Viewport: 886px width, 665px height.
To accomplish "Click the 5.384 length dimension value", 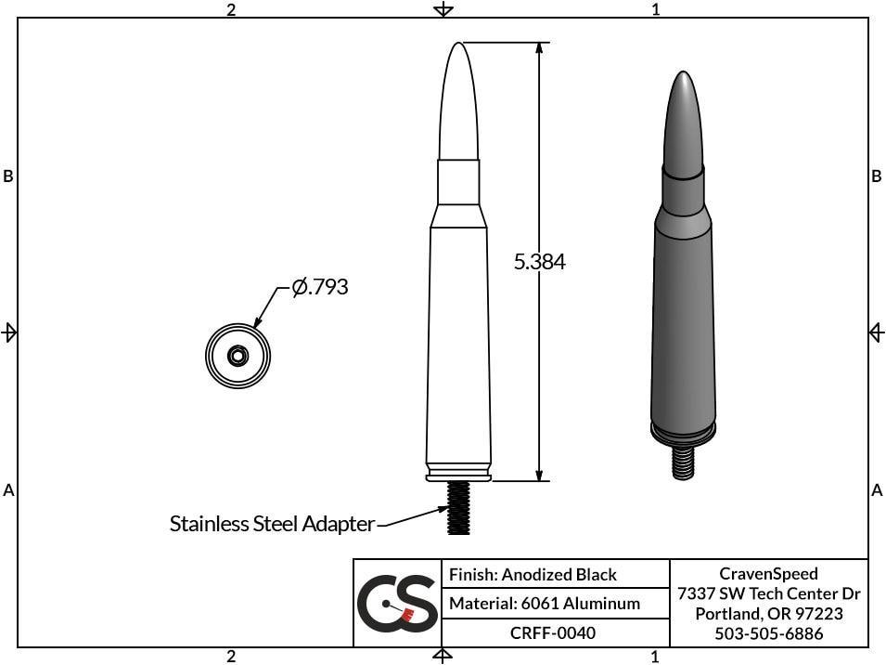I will pyautogui.click(x=539, y=262).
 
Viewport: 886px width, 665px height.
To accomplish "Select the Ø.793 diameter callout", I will pyautogui.click(x=320, y=287).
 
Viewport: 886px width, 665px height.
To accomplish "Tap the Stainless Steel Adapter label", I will pyautogui.click(x=272, y=524).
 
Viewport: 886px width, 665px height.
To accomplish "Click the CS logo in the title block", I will pyautogui.click(x=397, y=604).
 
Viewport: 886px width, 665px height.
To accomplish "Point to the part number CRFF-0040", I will pyautogui.click(x=553, y=632).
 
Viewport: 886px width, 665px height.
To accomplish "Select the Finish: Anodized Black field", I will pyautogui.click(x=533, y=575).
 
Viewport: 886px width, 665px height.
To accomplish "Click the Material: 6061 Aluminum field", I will pyautogui.click(x=544, y=604).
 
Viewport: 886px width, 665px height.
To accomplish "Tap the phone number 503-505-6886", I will pyautogui.click(x=768, y=633).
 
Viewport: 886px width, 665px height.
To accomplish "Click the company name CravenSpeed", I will pyautogui.click(x=768, y=574).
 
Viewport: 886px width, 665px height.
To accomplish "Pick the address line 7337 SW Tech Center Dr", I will pyautogui.click(x=768, y=593).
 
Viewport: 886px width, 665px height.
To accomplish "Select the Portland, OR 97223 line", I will pyautogui.click(x=768, y=614).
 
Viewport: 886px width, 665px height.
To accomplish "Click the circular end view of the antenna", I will pyautogui.click(x=238, y=354).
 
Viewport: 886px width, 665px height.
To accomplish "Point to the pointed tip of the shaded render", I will pyautogui.click(x=684, y=74).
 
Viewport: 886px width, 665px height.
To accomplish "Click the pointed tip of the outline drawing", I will pyautogui.click(x=458, y=46).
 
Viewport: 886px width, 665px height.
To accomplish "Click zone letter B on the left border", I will pyautogui.click(x=8, y=176).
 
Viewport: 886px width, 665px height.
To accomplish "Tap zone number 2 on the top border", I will pyautogui.click(x=231, y=9).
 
